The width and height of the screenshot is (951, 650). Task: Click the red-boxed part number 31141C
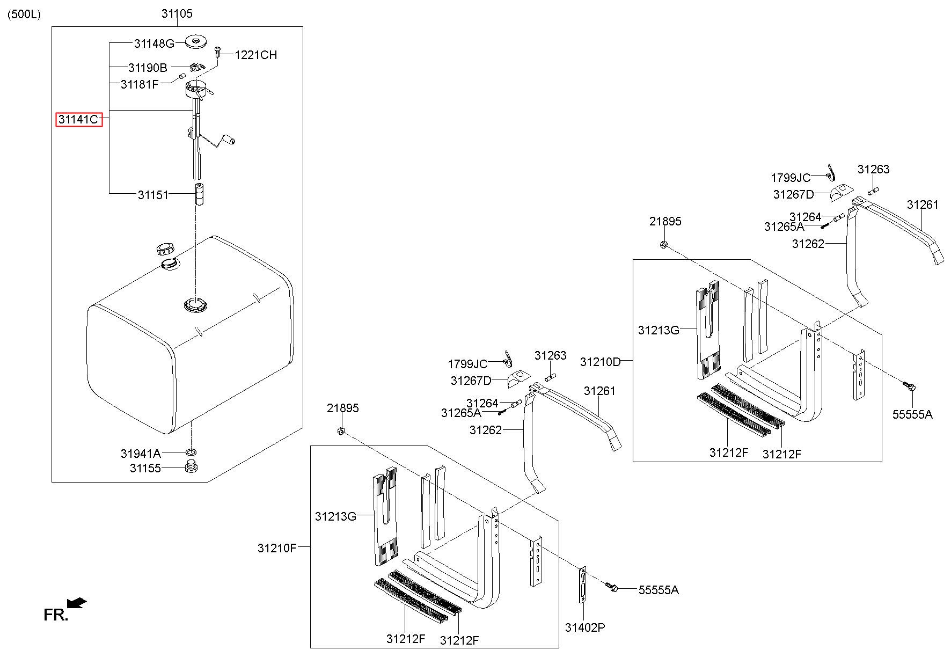[x=79, y=119]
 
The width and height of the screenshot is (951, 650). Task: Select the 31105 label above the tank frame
[x=177, y=13]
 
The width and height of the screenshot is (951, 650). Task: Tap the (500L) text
[x=24, y=14]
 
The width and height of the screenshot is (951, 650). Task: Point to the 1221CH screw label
[x=255, y=55]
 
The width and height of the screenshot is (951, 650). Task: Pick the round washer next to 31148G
[x=196, y=41]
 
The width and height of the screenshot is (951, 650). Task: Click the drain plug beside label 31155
[x=190, y=467]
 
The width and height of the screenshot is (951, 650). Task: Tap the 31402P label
[x=585, y=627]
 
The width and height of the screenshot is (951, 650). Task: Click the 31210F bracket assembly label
[x=277, y=548]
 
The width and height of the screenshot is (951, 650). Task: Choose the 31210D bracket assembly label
[x=600, y=362]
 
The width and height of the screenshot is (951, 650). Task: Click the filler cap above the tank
[x=165, y=249]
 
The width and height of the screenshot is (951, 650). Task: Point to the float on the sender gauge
[x=231, y=141]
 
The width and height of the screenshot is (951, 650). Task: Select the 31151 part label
[x=153, y=195]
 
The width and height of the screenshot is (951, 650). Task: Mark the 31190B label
[x=148, y=68]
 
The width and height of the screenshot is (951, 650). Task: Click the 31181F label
[x=140, y=84]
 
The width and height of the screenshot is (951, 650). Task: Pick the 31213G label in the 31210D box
[x=659, y=330]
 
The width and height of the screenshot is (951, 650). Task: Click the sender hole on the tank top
[x=195, y=305]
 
